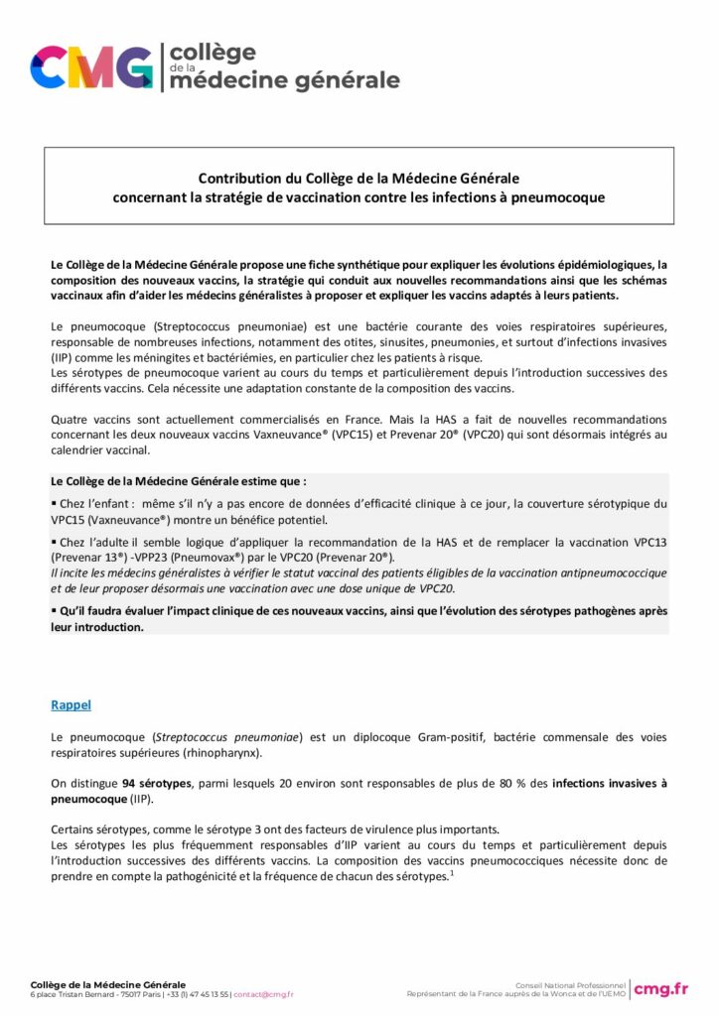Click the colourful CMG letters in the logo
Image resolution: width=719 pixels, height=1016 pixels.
point(92,67)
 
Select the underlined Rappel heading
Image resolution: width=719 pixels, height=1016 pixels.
point(71,704)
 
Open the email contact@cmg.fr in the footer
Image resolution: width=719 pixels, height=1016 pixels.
point(264,994)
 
